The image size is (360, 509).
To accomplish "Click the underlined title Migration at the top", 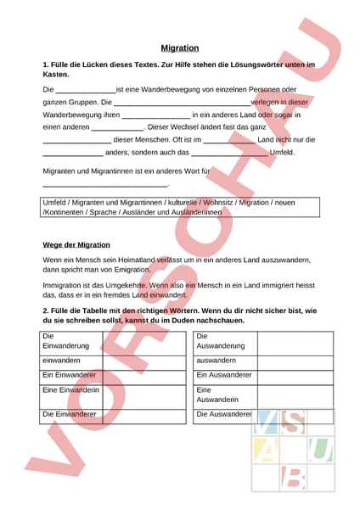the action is click(x=180, y=48).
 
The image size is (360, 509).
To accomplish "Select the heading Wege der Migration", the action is click(x=76, y=244).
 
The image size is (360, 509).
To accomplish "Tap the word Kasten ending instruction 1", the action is click(x=56, y=75).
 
